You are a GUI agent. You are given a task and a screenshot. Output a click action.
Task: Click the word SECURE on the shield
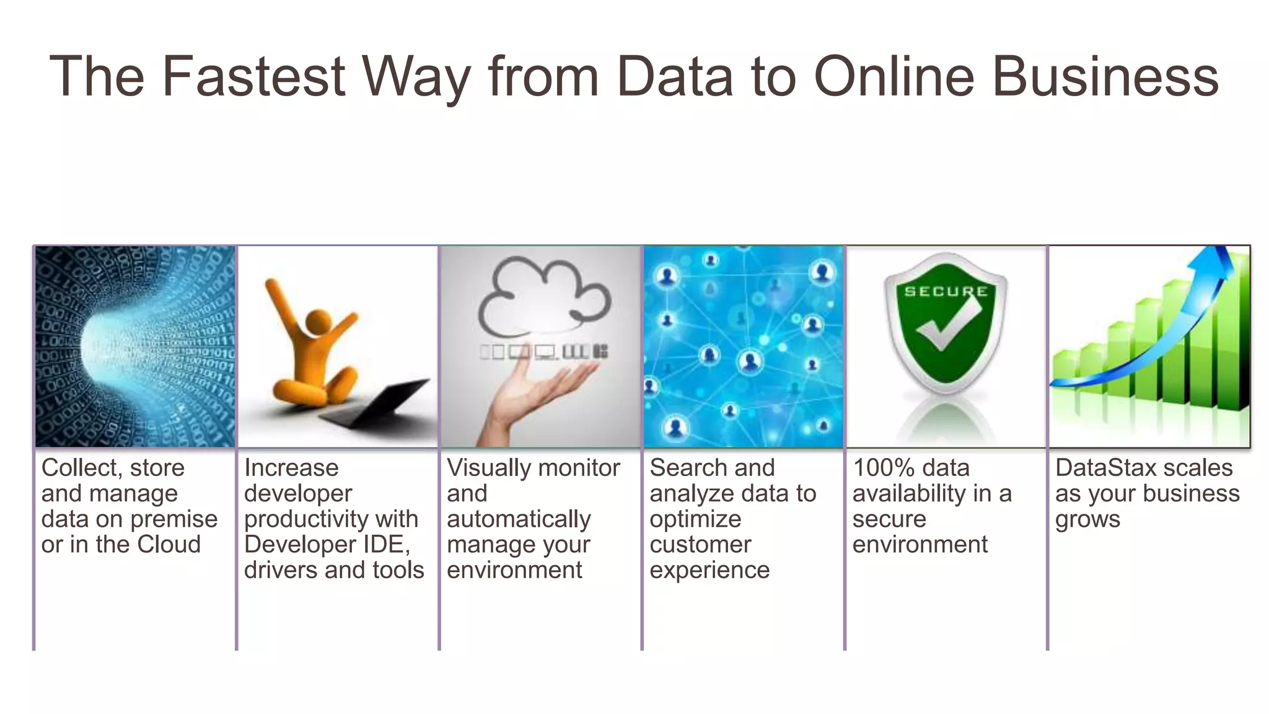click(946, 291)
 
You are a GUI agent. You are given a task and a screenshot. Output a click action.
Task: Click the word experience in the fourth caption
click(709, 570)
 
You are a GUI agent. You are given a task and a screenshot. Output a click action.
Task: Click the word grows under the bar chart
click(1087, 519)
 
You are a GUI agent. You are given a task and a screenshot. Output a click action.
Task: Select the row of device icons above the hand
click(544, 352)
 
